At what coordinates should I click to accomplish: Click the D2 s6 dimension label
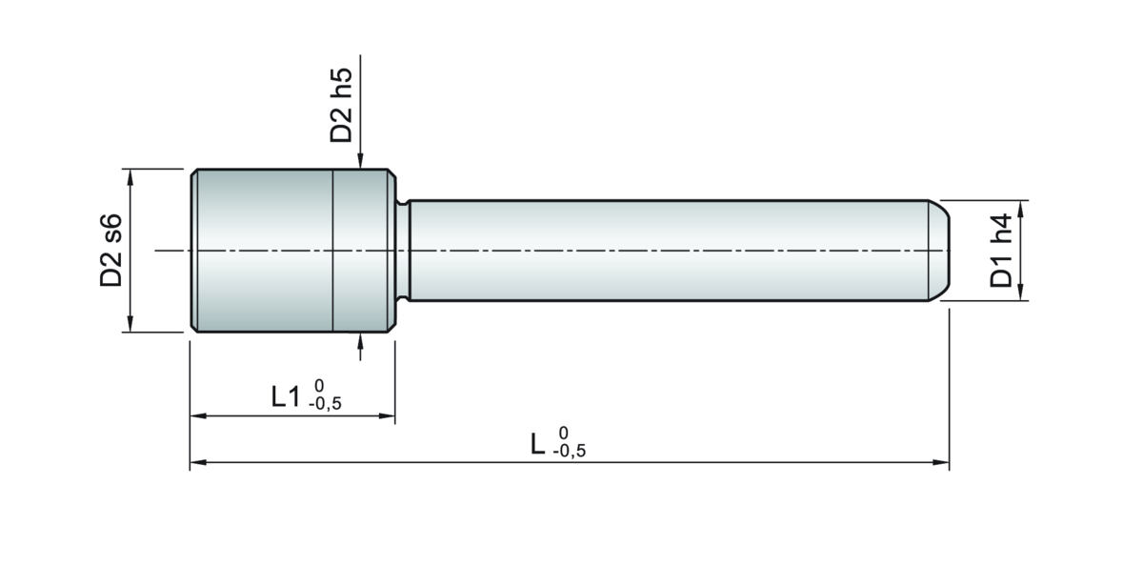tap(111, 250)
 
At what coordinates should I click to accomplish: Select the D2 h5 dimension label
tap(341, 105)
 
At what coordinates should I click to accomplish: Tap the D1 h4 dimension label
tap(1001, 251)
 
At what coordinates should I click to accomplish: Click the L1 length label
tap(286, 396)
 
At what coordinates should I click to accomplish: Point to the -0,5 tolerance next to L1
tap(325, 404)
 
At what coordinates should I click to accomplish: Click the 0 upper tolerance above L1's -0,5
tap(319, 385)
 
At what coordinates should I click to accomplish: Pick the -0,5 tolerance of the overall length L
tap(570, 451)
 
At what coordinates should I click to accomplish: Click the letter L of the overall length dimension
tap(537, 444)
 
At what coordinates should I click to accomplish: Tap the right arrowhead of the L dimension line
tap(941, 462)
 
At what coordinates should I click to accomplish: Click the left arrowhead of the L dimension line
tap(198, 462)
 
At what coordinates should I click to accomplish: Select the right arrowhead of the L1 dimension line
tap(387, 416)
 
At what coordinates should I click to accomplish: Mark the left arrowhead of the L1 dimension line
tap(198, 416)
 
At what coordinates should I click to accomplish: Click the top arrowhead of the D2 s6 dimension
tap(130, 177)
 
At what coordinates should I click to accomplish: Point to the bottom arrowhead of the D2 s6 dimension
tap(130, 324)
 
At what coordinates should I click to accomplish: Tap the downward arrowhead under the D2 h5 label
tap(360, 160)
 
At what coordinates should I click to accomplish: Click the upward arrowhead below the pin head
tap(360, 341)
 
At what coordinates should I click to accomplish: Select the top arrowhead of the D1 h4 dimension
tap(1021, 209)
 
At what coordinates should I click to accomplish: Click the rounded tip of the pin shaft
tap(940, 251)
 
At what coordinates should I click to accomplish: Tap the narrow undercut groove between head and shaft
tap(403, 251)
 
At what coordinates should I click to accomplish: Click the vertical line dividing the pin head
tap(332, 251)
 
